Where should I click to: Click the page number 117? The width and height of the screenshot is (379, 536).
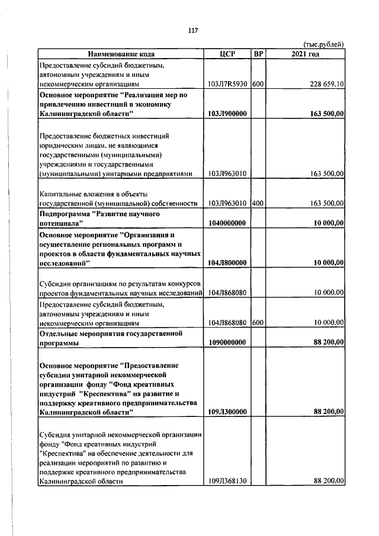click(192, 31)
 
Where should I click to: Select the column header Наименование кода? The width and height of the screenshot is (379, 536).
click(121, 54)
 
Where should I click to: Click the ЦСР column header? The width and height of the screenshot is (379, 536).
click(227, 54)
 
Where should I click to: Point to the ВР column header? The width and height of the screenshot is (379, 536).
click(258, 54)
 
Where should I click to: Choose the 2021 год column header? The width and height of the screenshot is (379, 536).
click(305, 54)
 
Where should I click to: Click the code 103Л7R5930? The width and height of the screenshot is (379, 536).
click(228, 84)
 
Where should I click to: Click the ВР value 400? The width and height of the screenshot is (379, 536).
click(257, 203)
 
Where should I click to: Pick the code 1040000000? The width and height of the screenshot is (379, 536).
click(228, 223)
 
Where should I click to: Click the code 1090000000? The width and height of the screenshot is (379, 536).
click(228, 342)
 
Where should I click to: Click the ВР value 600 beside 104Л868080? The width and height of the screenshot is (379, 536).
click(257, 323)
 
